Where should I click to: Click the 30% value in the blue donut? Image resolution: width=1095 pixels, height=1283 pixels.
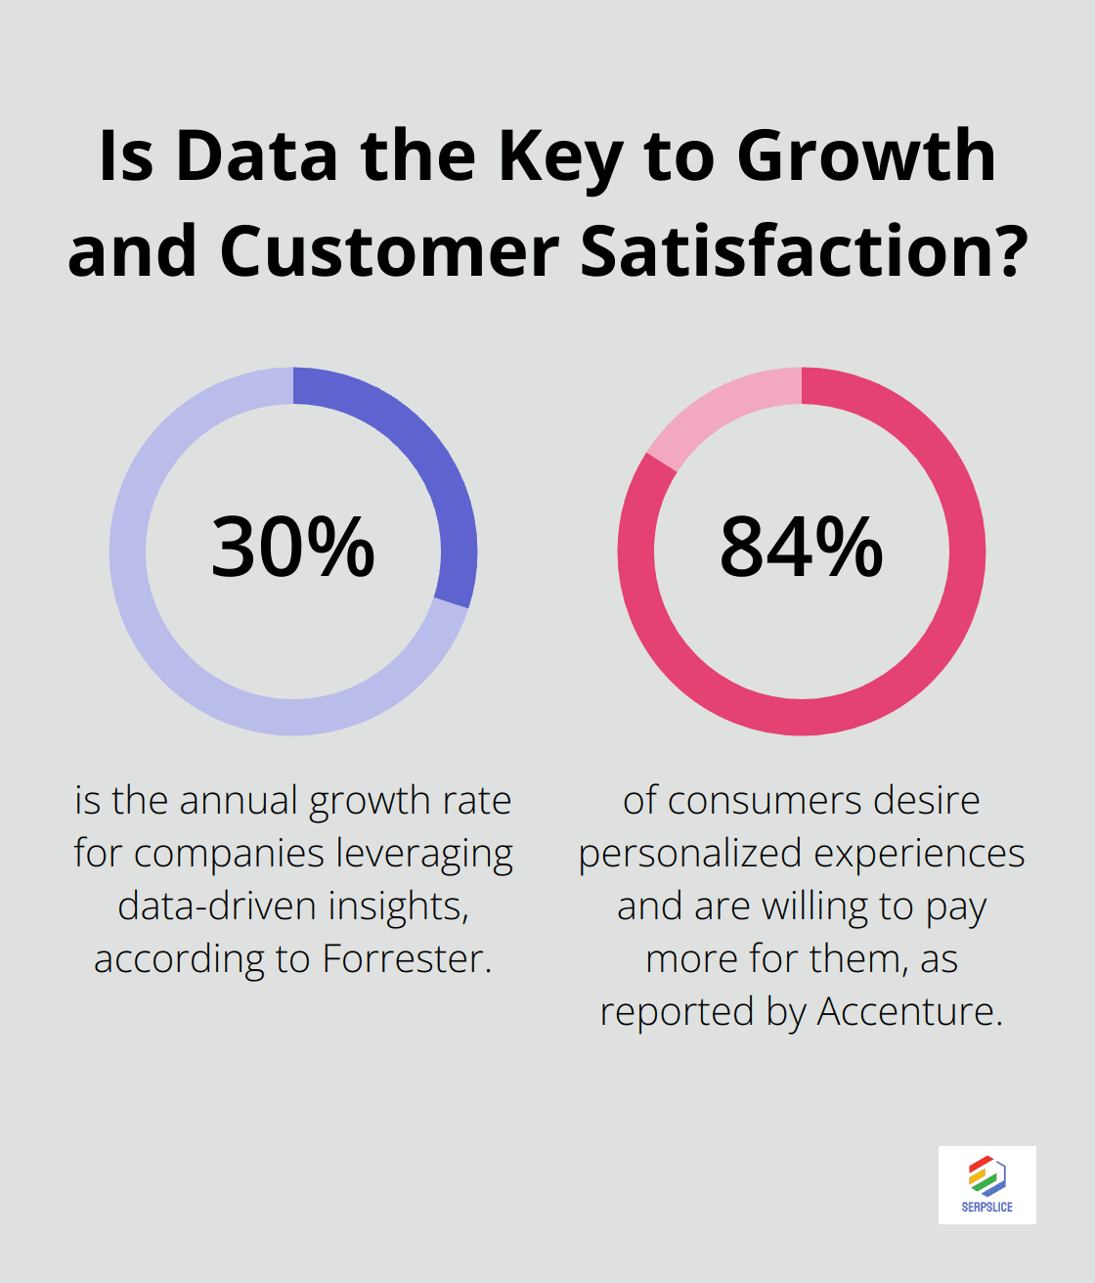[x=293, y=548]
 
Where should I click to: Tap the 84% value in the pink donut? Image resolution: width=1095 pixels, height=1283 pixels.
[x=802, y=548]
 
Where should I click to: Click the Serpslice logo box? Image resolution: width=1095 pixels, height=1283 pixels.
[x=986, y=1184]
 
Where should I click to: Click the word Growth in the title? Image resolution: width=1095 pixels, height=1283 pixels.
[x=866, y=156]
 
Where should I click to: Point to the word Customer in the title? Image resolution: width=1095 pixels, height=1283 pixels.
[x=389, y=252]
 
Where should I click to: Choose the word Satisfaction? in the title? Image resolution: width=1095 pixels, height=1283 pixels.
[x=804, y=252]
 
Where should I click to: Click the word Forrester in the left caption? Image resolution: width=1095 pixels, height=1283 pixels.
[x=406, y=959]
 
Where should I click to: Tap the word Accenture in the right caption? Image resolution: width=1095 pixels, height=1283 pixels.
[x=909, y=1012]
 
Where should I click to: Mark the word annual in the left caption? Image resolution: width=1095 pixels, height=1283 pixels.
[x=239, y=801]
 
